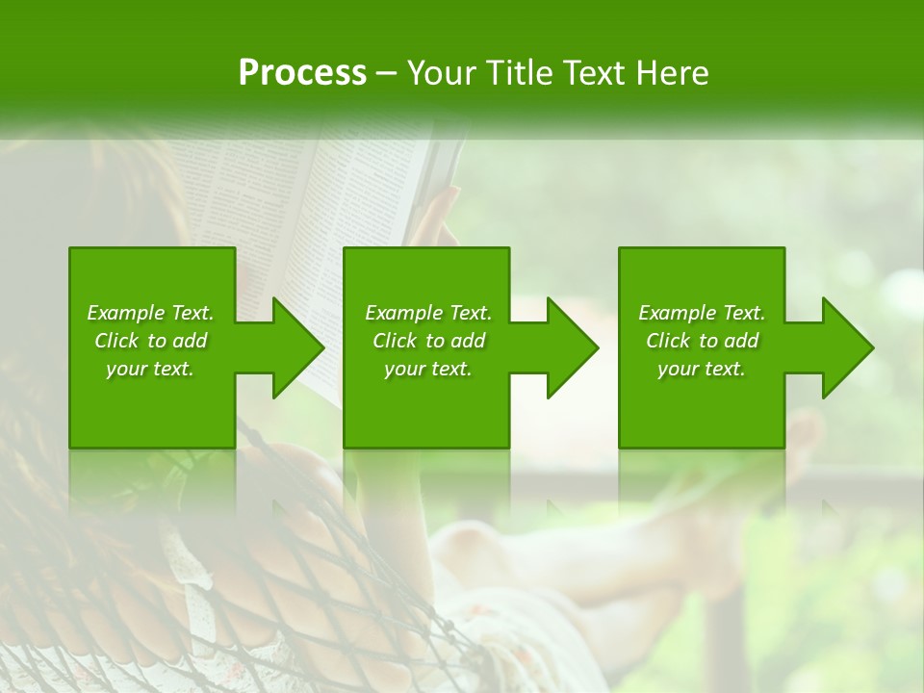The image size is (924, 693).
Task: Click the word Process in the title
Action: [302, 73]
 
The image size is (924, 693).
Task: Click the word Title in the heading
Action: [520, 73]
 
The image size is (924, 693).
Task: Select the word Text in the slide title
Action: [597, 73]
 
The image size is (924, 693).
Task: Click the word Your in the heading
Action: [443, 73]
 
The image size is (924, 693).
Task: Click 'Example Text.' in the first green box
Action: [150, 313]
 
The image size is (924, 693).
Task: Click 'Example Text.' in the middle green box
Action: [428, 313]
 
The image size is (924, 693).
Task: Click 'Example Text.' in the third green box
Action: [702, 313]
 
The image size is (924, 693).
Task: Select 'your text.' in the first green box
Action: [150, 369]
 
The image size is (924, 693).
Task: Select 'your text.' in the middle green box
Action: [428, 369]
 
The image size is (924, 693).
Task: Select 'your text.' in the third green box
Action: [702, 369]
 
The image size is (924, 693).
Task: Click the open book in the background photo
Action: [318, 192]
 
